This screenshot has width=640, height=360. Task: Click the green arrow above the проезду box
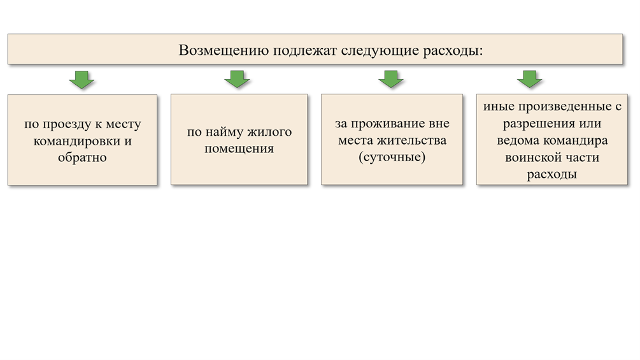coord(82,79)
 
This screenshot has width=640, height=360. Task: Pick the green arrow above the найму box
coord(238,79)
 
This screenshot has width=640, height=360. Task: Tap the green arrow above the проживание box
coord(391,79)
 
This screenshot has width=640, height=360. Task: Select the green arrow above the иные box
coord(529,79)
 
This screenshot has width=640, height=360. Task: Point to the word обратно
coord(82,157)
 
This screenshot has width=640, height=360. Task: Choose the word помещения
coord(239,149)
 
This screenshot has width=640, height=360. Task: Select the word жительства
coord(410,140)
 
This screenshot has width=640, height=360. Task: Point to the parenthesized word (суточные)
coord(392,156)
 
